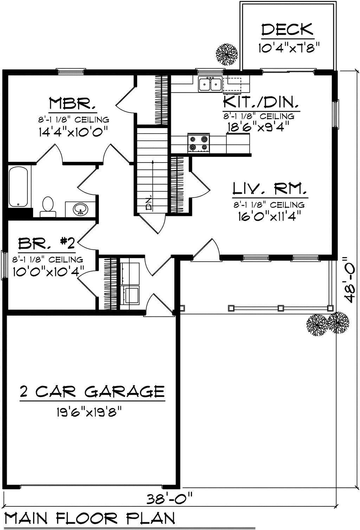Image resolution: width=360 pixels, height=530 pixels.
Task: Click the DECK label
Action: coord(287,30)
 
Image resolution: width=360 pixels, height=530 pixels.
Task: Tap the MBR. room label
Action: coord(72,104)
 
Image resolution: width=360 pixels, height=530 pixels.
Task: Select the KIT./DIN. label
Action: coord(261,102)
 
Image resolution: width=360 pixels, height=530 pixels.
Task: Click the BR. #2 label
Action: coord(47,243)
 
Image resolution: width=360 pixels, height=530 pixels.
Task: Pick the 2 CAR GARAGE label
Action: coord(92,391)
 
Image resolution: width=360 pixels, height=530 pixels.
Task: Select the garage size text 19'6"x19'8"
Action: coord(91,411)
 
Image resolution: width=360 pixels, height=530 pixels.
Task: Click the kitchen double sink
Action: coord(210,84)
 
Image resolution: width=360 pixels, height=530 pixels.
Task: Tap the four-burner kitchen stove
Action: coord(199,143)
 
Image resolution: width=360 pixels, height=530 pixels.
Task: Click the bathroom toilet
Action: coord(47,206)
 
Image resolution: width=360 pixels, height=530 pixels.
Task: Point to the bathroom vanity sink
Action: coord(81,209)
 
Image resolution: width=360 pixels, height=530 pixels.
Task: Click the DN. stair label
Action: coord(149,202)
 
